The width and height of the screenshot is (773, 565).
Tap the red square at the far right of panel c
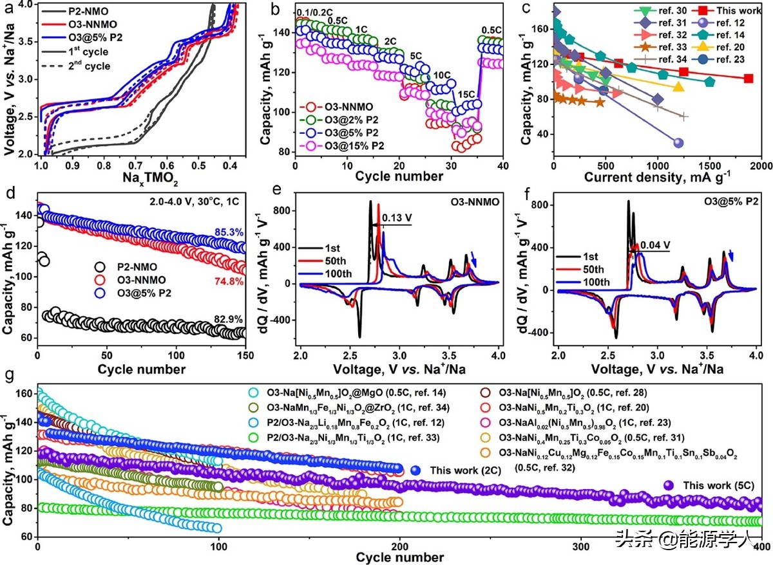[748, 79]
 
